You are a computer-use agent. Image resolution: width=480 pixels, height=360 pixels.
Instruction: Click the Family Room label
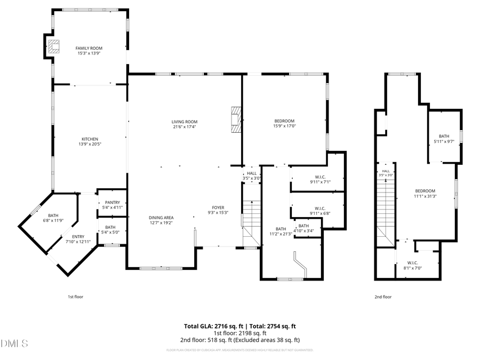[x=89, y=48]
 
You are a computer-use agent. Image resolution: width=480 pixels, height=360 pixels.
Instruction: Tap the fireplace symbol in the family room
[x=53, y=46]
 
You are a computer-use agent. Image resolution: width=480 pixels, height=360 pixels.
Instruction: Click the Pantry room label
[x=112, y=202]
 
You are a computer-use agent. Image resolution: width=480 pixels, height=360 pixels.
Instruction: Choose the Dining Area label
[x=161, y=217]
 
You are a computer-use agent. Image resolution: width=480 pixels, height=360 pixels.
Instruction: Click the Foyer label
[x=218, y=207]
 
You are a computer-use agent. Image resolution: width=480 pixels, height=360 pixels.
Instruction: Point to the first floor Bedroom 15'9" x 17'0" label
[x=284, y=121]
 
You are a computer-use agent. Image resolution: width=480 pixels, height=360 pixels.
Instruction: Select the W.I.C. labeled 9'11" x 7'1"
[x=320, y=179]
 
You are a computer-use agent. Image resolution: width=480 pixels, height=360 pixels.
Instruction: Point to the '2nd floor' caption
[x=383, y=297]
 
